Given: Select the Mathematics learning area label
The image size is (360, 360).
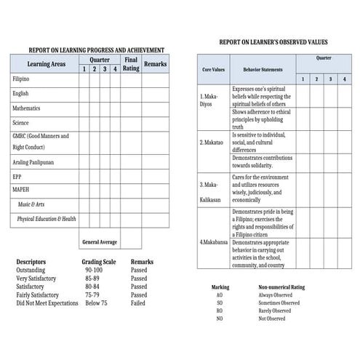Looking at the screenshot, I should pyautogui.click(x=26, y=108).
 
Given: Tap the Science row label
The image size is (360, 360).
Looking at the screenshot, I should pyautogui.click(x=20, y=123).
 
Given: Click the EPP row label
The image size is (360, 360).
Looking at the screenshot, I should pyautogui.click(x=17, y=176).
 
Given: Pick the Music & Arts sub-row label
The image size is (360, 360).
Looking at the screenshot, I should pyautogui.click(x=36, y=204).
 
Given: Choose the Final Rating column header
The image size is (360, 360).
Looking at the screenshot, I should pyautogui.click(x=131, y=64).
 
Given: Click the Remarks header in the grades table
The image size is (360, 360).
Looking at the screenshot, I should pyautogui.click(x=155, y=64).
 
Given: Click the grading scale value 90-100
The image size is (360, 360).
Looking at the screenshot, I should pyautogui.click(x=93, y=269).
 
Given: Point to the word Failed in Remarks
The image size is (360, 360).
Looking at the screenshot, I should pyautogui.click(x=138, y=303).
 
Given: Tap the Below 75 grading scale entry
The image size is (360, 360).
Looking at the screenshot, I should pyautogui.click(x=95, y=303).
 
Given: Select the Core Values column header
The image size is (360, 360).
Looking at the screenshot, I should pyautogui.click(x=213, y=70).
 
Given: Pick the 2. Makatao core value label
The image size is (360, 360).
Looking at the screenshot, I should pyautogui.click(x=212, y=143).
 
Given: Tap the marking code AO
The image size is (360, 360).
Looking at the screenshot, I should pyautogui.click(x=219, y=295).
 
